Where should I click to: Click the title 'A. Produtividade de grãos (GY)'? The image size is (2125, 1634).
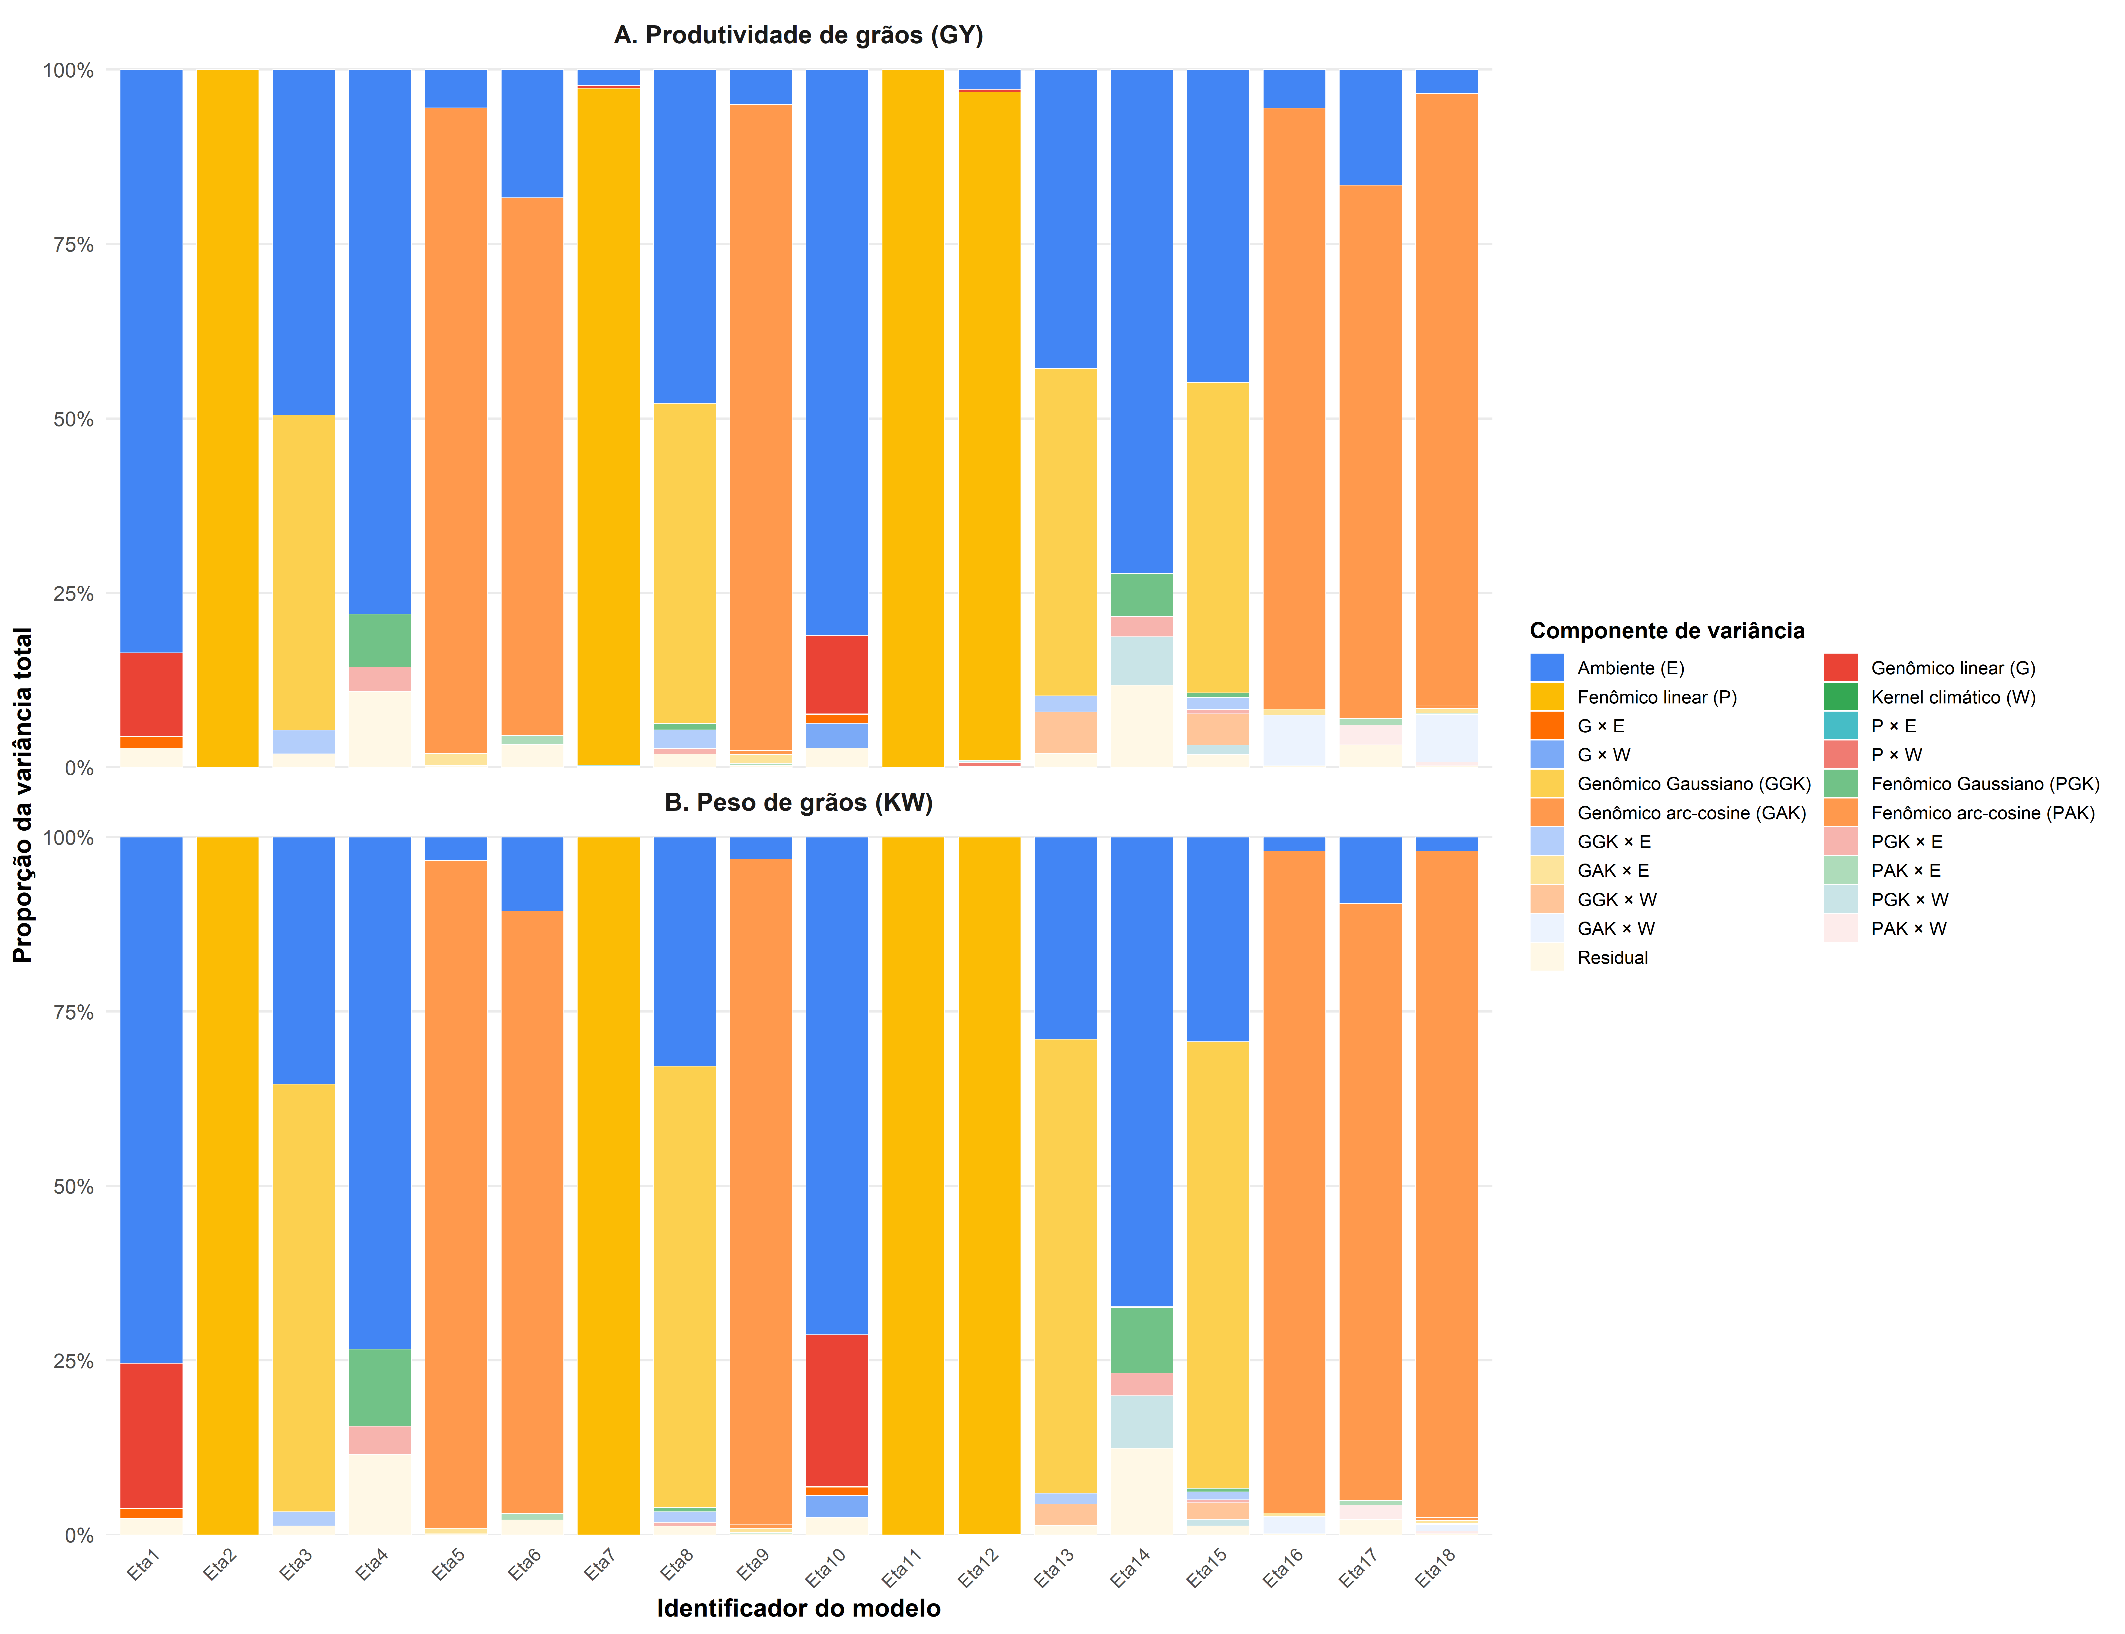point(798,36)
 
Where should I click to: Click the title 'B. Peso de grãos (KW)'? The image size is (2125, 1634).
point(798,802)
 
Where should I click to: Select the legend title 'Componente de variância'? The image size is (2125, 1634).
point(1667,631)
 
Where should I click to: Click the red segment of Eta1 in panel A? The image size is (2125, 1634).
point(151,693)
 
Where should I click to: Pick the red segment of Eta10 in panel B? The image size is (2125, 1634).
point(837,1410)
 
